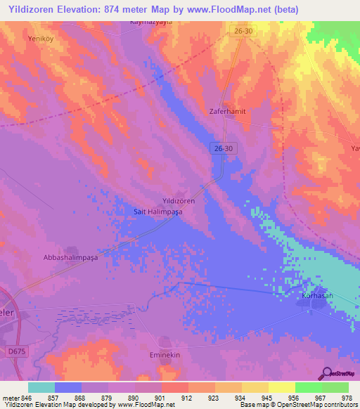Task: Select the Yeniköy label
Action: pyautogui.click(x=40, y=39)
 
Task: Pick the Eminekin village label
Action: pyautogui.click(x=166, y=356)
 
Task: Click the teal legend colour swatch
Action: pyautogui.click(x=41, y=387)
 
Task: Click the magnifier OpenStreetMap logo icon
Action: pyautogui.click(x=327, y=373)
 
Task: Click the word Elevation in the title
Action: pyautogui.click(x=75, y=9)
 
